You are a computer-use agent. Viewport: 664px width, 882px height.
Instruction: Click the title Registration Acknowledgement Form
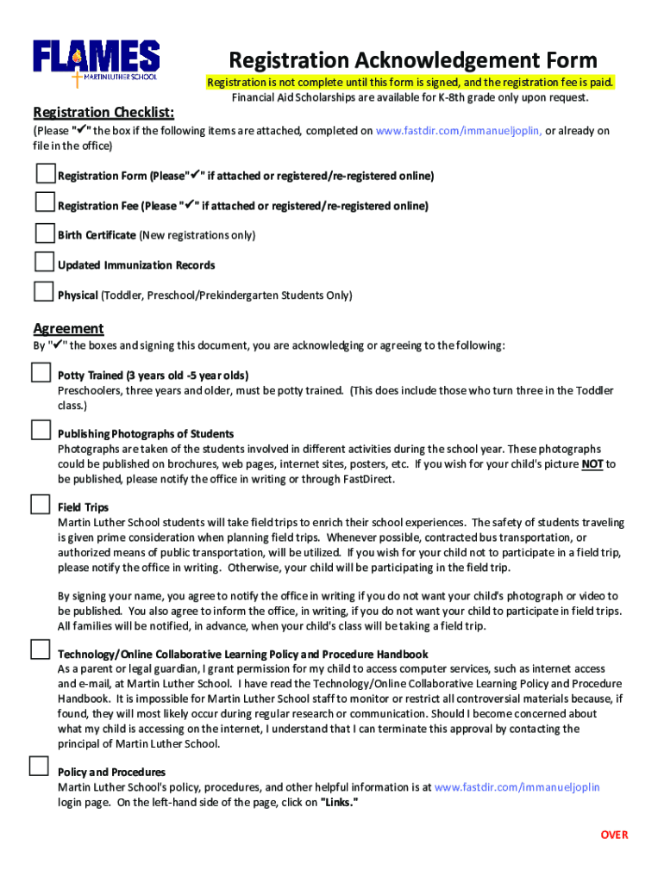[x=412, y=60]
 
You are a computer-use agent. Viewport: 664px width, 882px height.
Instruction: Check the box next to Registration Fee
[x=45, y=202]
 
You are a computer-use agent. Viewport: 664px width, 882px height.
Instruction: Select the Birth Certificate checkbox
[x=45, y=233]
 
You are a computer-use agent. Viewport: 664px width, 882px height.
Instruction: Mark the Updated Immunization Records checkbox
[x=45, y=262]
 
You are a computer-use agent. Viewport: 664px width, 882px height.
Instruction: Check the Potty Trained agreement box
[x=41, y=373]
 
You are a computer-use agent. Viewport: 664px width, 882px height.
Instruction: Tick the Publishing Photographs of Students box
[x=41, y=430]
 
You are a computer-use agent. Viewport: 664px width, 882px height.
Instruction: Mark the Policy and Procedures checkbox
[x=39, y=766]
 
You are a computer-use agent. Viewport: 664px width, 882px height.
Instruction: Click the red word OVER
[x=615, y=835]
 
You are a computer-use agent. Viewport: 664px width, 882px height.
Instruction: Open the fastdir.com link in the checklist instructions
[x=459, y=131]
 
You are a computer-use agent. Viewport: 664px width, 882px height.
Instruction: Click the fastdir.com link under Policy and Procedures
[x=517, y=787]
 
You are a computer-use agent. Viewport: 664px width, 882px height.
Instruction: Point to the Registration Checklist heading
[x=103, y=113]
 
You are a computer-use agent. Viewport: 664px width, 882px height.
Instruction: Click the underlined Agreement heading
[x=68, y=328]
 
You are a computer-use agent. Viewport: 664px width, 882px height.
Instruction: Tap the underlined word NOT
[x=592, y=464]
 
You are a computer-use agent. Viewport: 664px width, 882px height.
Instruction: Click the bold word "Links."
[x=339, y=802]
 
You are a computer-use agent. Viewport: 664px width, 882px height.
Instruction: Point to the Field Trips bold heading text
[x=83, y=507]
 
